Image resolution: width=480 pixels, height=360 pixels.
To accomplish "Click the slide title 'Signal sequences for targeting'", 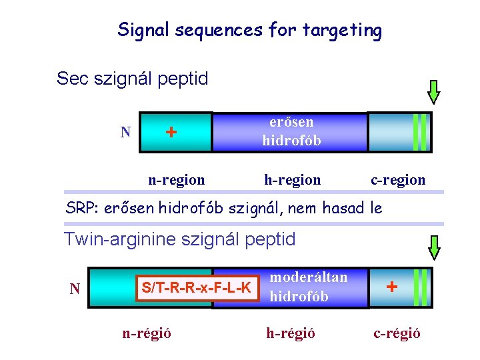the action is click(249, 30).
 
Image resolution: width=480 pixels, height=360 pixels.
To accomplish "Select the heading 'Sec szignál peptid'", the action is click(132, 79).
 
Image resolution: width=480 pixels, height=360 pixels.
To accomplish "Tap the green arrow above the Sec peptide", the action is click(434, 92).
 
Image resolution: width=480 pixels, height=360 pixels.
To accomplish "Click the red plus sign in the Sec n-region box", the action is click(171, 132).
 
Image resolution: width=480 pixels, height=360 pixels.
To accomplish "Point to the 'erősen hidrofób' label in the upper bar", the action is click(291, 131).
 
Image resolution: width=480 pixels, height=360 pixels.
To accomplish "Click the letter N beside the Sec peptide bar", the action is click(125, 132).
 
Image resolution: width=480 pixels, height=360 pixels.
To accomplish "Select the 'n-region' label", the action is click(176, 179).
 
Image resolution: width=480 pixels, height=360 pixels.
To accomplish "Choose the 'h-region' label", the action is click(292, 179).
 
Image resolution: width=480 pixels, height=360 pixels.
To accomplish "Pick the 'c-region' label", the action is click(398, 179).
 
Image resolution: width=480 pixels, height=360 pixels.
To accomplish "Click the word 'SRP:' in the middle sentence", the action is click(80, 208).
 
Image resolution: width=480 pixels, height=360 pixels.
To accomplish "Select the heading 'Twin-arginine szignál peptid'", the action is click(179, 239).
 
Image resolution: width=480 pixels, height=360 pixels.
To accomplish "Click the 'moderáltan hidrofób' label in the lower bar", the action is click(308, 287).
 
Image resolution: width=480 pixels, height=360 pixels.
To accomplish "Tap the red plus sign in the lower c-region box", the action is click(392, 287).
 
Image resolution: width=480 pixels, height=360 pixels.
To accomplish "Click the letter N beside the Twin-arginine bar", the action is click(75, 289).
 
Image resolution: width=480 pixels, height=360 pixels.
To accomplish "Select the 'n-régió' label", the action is click(147, 333).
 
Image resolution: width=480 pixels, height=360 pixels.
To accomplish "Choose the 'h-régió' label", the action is click(291, 333).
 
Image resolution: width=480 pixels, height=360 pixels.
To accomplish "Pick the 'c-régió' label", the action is click(397, 333).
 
